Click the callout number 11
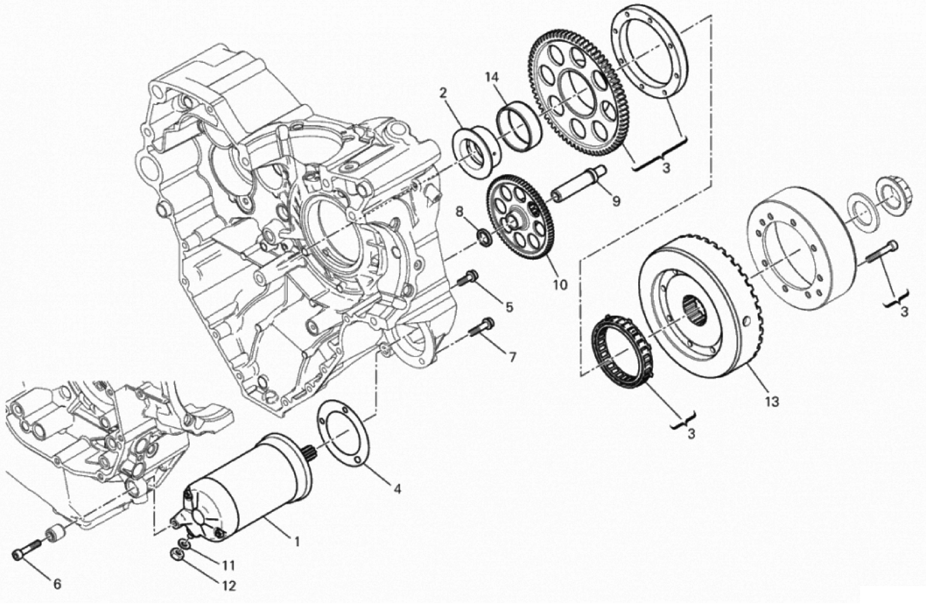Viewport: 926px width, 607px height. (228, 565)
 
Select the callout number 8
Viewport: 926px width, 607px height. (459, 212)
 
